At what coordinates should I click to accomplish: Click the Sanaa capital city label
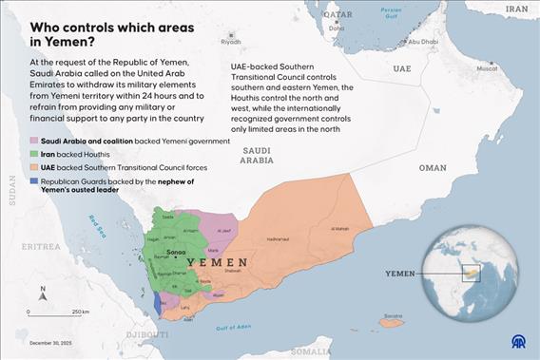point(176,252)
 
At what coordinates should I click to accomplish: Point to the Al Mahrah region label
point(339,229)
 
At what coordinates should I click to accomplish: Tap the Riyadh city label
point(231,42)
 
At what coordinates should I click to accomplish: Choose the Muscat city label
point(486,68)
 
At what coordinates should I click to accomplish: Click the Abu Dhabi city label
point(423,42)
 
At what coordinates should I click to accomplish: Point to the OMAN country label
point(432,167)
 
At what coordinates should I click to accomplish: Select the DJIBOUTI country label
point(147,334)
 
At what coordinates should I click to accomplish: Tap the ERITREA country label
point(42,246)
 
